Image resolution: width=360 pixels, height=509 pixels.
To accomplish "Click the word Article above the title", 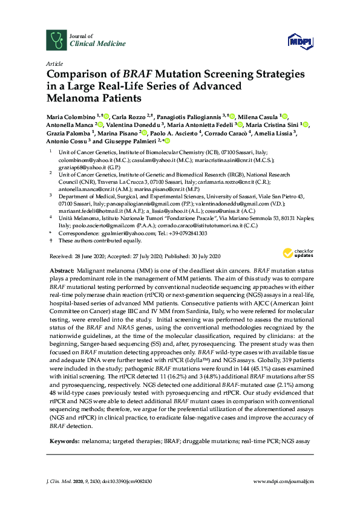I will [53, 63].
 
